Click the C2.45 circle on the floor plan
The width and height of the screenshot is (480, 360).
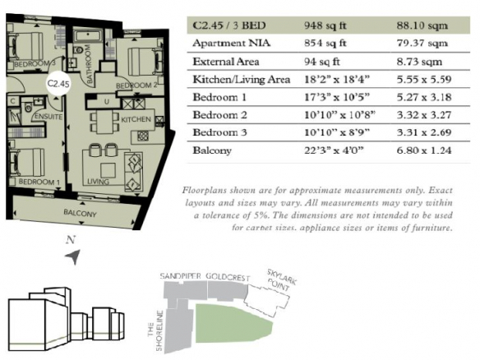pos(58,83)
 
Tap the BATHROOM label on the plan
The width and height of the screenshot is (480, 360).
pos(89,63)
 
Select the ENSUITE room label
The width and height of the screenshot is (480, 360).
pos(48,117)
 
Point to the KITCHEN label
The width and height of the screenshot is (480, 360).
pos(136,119)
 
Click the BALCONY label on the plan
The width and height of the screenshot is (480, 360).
pos(80,213)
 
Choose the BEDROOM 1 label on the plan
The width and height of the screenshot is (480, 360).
pos(39,182)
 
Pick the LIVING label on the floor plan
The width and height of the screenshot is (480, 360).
pos(98,182)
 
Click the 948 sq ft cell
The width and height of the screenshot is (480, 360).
pos(325,25)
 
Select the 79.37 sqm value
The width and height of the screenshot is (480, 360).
pos(422,44)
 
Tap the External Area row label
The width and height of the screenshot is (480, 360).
pos(225,62)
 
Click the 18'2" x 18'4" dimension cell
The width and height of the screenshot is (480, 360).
pos(337,80)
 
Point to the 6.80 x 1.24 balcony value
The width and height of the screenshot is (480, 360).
pos(424,150)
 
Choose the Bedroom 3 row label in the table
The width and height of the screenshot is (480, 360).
pos(219,132)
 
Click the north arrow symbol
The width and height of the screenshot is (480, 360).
pos(73,256)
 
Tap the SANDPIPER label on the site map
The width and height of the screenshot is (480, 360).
pos(180,276)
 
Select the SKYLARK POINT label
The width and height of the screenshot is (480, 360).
pos(281,279)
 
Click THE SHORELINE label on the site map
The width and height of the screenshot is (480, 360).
pos(155,330)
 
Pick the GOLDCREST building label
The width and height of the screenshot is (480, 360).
pos(228,277)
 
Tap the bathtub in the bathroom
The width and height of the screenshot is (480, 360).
pos(88,36)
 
